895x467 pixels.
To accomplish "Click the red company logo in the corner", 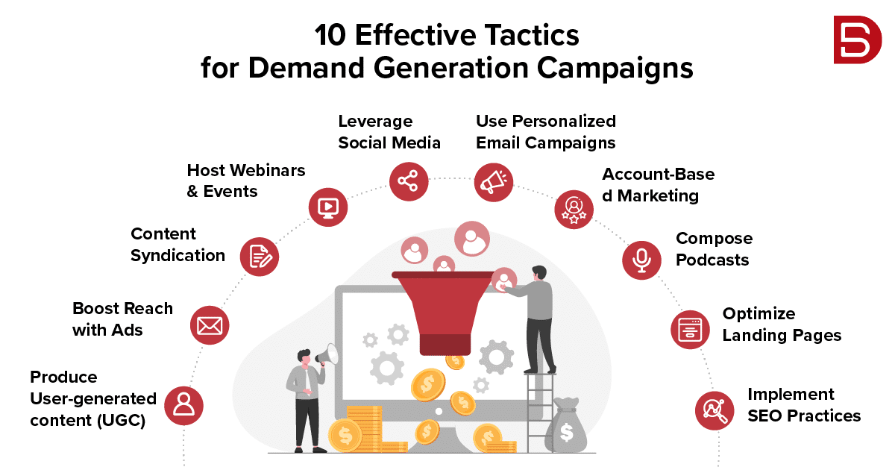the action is pyautogui.click(x=858, y=40).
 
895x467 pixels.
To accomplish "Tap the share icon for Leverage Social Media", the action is pyautogui.click(x=409, y=181).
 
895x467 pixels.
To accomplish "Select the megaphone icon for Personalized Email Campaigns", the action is pyautogui.click(x=494, y=182).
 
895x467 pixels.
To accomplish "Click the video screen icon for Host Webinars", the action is pyautogui.click(x=327, y=207).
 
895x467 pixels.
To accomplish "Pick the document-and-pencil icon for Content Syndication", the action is pyautogui.click(x=260, y=257).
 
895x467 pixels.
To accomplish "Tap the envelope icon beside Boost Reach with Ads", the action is pyautogui.click(x=210, y=325).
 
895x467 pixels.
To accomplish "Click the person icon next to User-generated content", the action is pyautogui.click(x=183, y=406).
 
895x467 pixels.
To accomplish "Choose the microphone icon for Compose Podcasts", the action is pyautogui.click(x=641, y=260).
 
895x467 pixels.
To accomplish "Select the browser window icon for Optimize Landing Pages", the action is pyautogui.click(x=690, y=330).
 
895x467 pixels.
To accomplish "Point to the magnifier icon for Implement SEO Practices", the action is pyautogui.click(x=715, y=410).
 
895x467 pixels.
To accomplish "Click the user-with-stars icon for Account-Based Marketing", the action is pyautogui.click(x=574, y=210).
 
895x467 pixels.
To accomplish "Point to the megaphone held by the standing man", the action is pyautogui.click(x=327, y=355).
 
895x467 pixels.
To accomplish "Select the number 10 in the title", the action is pyautogui.click(x=330, y=35).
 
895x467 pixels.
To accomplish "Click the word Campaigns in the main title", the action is pyautogui.click(x=615, y=68).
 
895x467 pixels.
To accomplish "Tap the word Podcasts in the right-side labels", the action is pyautogui.click(x=712, y=260).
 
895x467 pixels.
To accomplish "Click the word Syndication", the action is pyautogui.click(x=178, y=256).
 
